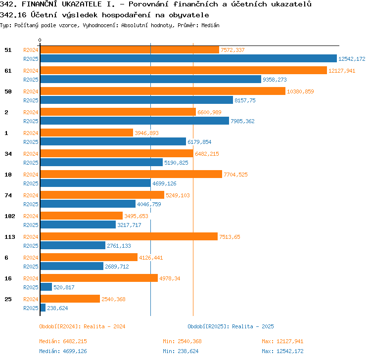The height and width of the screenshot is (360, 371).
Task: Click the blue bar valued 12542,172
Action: pyautogui.click(x=188, y=58)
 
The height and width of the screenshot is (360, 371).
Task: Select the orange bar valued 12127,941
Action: pyautogui.click(x=184, y=70)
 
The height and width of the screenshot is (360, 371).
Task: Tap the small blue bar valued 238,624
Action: pyautogui.click(x=43, y=308)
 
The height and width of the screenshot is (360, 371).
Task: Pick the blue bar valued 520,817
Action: pyautogui.click(x=46, y=287)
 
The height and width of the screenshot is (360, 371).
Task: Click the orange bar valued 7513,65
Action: pyautogui.click(x=129, y=236)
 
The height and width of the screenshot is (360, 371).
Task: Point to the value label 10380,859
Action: pyautogui.click(x=300, y=91)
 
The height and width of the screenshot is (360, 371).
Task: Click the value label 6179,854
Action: pyautogui.click(x=199, y=142)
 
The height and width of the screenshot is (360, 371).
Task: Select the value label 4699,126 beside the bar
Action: pyautogui.click(x=164, y=183)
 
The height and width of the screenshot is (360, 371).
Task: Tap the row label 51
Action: pyautogui.click(x=8, y=50)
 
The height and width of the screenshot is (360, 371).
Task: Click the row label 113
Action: pyautogui.click(x=10, y=237)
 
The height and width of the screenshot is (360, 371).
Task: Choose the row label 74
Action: pyautogui.click(x=8, y=195)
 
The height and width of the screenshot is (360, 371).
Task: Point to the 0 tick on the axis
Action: pyautogui.click(x=40, y=40)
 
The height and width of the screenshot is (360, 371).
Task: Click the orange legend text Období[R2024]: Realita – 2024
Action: pyautogui.click(x=82, y=326)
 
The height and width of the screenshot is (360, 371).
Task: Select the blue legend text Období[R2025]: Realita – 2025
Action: pyautogui.click(x=231, y=326)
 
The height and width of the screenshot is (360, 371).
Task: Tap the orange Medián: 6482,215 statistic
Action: pyautogui.click(x=63, y=341)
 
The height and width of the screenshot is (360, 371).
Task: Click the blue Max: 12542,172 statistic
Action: pyautogui.click(x=282, y=351)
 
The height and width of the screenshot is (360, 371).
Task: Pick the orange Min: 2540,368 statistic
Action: pyautogui.click(x=182, y=341)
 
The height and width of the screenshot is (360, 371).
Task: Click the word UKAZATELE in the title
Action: pyautogui.click(x=82, y=4)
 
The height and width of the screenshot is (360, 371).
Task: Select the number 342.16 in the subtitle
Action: pyautogui.click(x=13, y=15)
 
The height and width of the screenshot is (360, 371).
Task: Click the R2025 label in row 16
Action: pyautogui.click(x=31, y=287)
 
